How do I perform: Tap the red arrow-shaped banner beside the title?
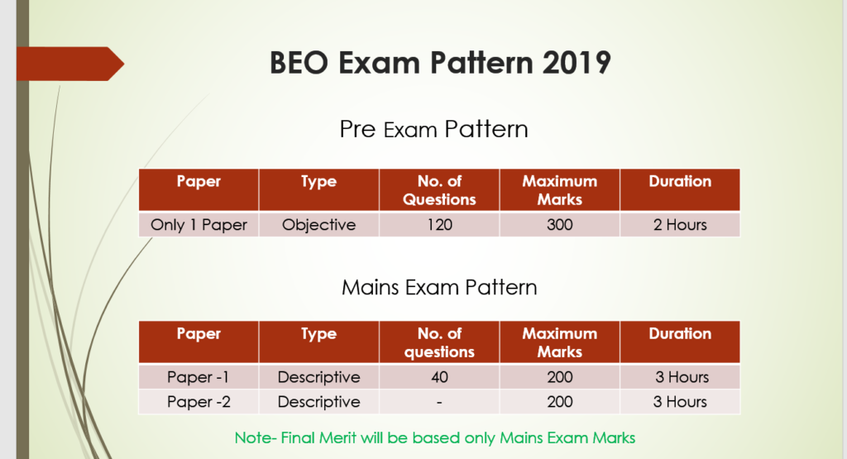pyautogui.click(x=70, y=64)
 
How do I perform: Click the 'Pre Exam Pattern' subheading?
pyautogui.click(x=433, y=130)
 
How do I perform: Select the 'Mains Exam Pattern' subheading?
pyautogui.click(x=439, y=287)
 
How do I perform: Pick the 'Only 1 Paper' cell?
pyautogui.click(x=199, y=225)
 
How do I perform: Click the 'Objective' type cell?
pyautogui.click(x=318, y=225)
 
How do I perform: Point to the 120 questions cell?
pyautogui.click(x=440, y=225)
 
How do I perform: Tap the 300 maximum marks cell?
pyautogui.click(x=560, y=225)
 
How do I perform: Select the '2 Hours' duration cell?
pyautogui.click(x=680, y=225)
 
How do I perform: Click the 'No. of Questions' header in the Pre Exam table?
pyautogui.click(x=440, y=190)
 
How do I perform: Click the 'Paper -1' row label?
pyautogui.click(x=198, y=377)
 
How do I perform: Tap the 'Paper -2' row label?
pyautogui.click(x=199, y=402)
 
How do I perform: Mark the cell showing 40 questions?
pyautogui.click(x=440, y=377)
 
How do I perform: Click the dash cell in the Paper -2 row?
pyautogui.click(x=440, y=402)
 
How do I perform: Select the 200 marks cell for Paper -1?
pyautogui.click(x=560, y=377)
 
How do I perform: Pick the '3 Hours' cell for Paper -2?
pyautogui.click(x=680, y=402)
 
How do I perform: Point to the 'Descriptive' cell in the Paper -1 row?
pyautogui.click(x=318, y=377)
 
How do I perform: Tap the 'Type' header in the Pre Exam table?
pyautogui.click(x=318, y=182)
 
